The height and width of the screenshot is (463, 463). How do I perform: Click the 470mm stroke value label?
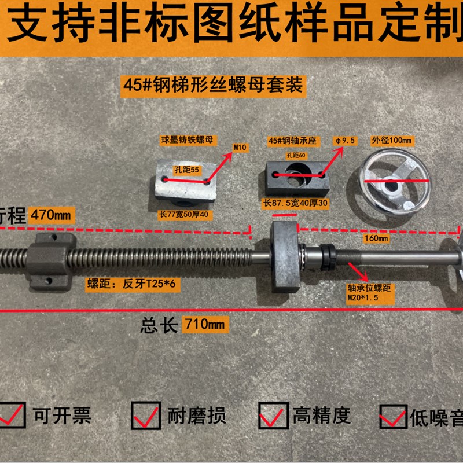pyautogui.click(x=52, y=215)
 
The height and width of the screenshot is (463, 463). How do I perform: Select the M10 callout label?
pyautogui.click(x=239, y=148)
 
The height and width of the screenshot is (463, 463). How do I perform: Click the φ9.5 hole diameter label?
pyautogui.click(x=344, y=141)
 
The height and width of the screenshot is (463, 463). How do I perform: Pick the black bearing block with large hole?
pyautogui.click(x=296, y=176)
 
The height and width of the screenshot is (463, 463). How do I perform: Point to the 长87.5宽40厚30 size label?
pyautogui.click(x=296, y=203)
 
